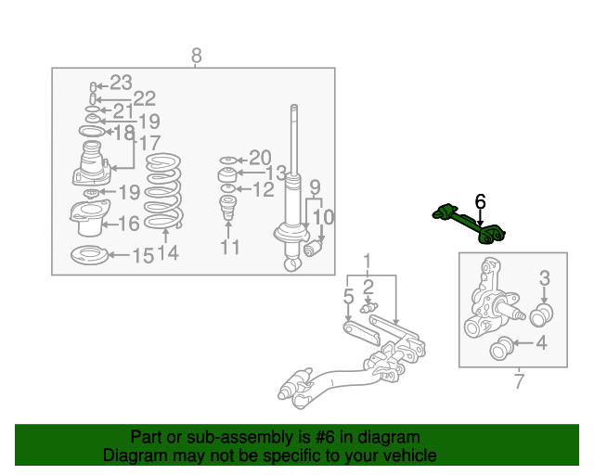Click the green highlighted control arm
click(x=469, y=224)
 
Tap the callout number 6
click(x=480, y=201)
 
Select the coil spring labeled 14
click(x=163, y=191)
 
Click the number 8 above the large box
click(x=196, y=56)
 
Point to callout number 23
click(x=122, y=83)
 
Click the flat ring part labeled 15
click(x=89, y=255)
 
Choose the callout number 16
click(x=129, y=224)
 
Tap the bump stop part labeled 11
click(x=228, y=208)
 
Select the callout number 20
click(x=260, y=158)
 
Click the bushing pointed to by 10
click(x=313, y=249)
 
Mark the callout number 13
click(x=276, y=173)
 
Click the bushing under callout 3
click(x=541, y=315)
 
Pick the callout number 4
click(x=542, y=342)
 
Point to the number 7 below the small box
click(x=520, y=381)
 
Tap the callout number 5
click(x=349, y=296)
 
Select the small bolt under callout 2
click(x=368, y=307)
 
